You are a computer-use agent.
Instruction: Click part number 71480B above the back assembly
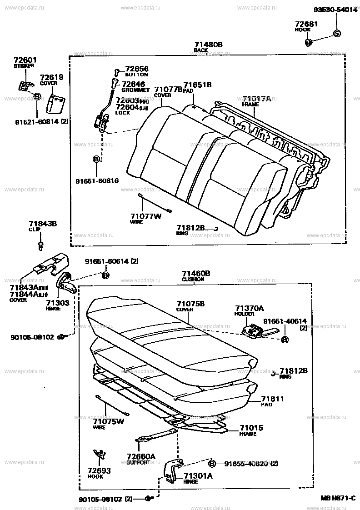(209, 45)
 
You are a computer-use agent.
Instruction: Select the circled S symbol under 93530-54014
(337, 33)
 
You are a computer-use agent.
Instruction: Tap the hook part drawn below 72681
(308, 43)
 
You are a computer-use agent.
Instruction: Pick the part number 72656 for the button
(136, 69)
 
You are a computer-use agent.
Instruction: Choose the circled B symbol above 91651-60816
(96, 159)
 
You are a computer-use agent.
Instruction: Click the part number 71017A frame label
(256, 99)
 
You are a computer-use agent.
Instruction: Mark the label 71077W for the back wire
(146, 216)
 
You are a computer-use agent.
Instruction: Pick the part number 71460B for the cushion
(196, 273)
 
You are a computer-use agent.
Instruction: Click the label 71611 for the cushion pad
(273, 399)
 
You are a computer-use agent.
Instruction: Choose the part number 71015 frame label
(251, 428)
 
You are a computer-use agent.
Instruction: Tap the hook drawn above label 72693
(98, 454)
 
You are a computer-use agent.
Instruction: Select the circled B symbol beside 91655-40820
(212, 464)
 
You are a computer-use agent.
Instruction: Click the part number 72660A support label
(140, 456)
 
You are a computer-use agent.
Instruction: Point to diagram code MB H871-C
(338, 499)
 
